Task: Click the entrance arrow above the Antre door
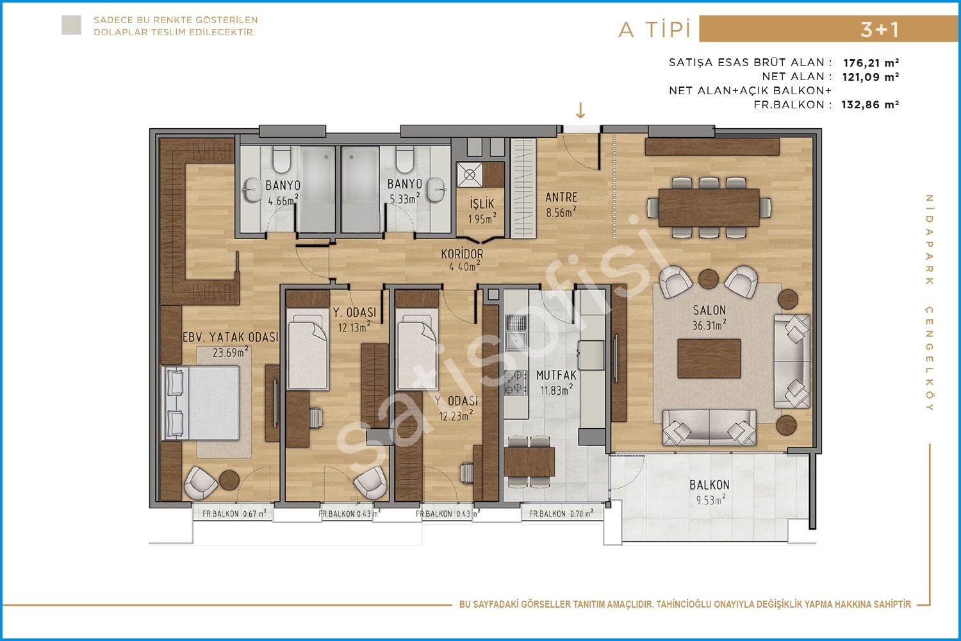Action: click(x=580, y=110)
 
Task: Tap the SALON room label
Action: click(x=709, y=310)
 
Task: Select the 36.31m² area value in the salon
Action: click(x=709, y=325)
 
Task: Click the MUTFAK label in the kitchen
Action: click(x=557, y=375)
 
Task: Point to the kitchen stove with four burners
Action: click(x=516, y=383)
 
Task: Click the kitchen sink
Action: click(x=516, y=333)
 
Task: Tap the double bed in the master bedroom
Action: click(x=201, y=403)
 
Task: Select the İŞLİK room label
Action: click(x=482, y=203)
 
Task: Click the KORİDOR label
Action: click(x=462, y=254)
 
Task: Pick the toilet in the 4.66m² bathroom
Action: click(x=281, y=160)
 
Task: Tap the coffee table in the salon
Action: click(x=709, y=358)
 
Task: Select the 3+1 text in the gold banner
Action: click(x=880, y=29)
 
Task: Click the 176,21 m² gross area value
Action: click(x=871, y=63)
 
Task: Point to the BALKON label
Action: click(x=709, y=485)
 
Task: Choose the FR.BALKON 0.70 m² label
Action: click(x=561, y=513)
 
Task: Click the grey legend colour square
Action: click(x=71, y=25)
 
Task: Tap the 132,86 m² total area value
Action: click(x=870, y=104)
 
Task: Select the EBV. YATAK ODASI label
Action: click(x=231, y=337)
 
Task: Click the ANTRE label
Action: click(x=561, y=197)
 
